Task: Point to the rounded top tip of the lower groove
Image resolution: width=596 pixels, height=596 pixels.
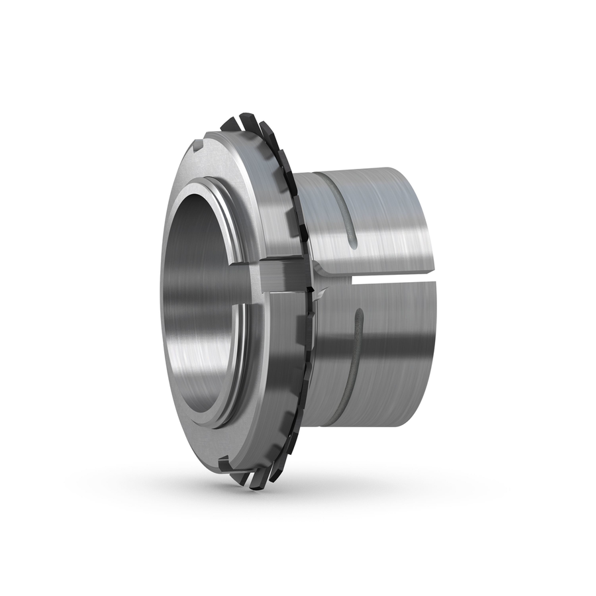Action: (359, 311)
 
